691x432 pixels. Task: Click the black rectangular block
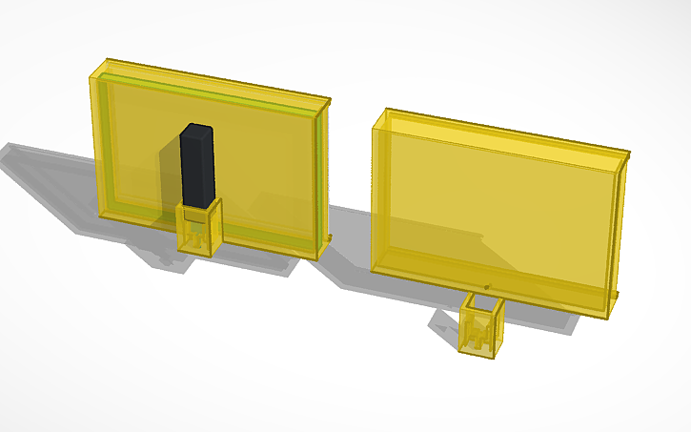(x=195, y=167)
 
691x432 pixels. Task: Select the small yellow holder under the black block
(x=200, y=229)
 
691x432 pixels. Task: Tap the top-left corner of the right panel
(x=386, y=111)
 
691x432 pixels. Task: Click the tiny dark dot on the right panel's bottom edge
(x=488, y=286)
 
